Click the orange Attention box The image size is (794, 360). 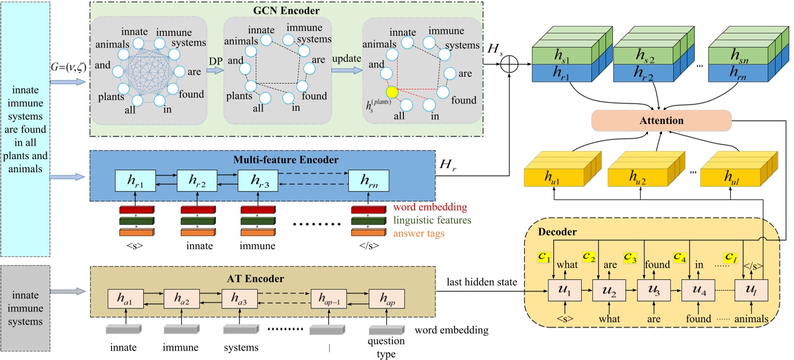(x=661, y=120)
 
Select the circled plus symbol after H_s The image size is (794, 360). (x=509, y=64)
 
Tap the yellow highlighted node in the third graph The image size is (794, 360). (x=392, y=92)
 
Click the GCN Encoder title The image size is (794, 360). (x=286, y=11)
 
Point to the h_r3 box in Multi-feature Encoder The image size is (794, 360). (x=258, y=181)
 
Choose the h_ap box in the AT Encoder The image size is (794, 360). (x=386, y=299)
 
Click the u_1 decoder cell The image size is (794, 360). (x=565, y=290)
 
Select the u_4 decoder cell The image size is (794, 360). (x=698, y=290)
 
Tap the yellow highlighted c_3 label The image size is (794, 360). (x=630, y=257)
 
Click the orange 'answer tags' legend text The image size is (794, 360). (x=418, y=233)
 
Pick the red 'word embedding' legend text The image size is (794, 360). (x=430, y=207)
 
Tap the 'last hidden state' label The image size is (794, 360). (x=481, y=282)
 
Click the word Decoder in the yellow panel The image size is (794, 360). (x=557, y=232)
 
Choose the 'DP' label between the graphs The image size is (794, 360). (x=215, y=61)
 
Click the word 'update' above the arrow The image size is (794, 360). (x=346, y=58)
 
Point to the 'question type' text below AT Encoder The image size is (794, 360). (x=386, y=347)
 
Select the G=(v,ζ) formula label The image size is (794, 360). (x=68, y=67)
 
